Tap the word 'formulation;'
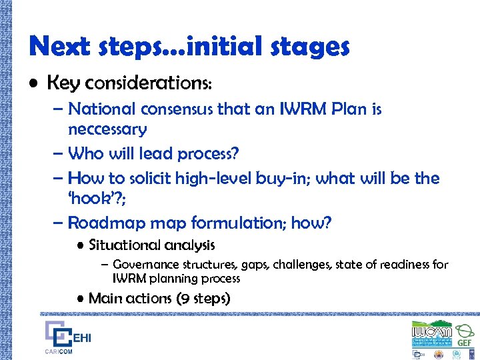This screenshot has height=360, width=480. [239, 223]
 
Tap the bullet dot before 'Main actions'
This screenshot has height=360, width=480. [79, 299]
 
